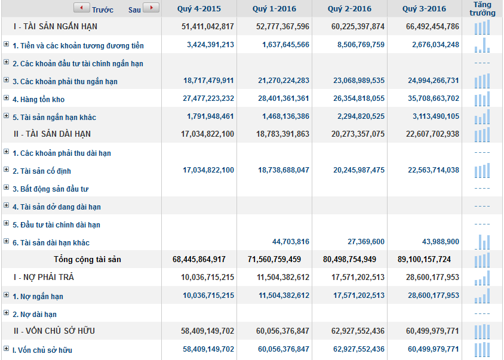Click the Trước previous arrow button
click(81, 8)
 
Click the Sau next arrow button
click(151, 8)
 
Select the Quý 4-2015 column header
click(199, 9)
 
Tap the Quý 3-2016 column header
click(424, 9)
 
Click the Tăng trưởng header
click(483, 9)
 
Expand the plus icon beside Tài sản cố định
click(7, 170)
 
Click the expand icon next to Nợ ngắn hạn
click(7, 296)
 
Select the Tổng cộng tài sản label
click(87, 259)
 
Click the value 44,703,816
click(291, 242)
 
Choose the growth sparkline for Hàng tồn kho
click(483, 99)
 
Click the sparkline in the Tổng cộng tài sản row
click(483, 259)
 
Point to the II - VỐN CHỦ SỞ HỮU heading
click(54, 331)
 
